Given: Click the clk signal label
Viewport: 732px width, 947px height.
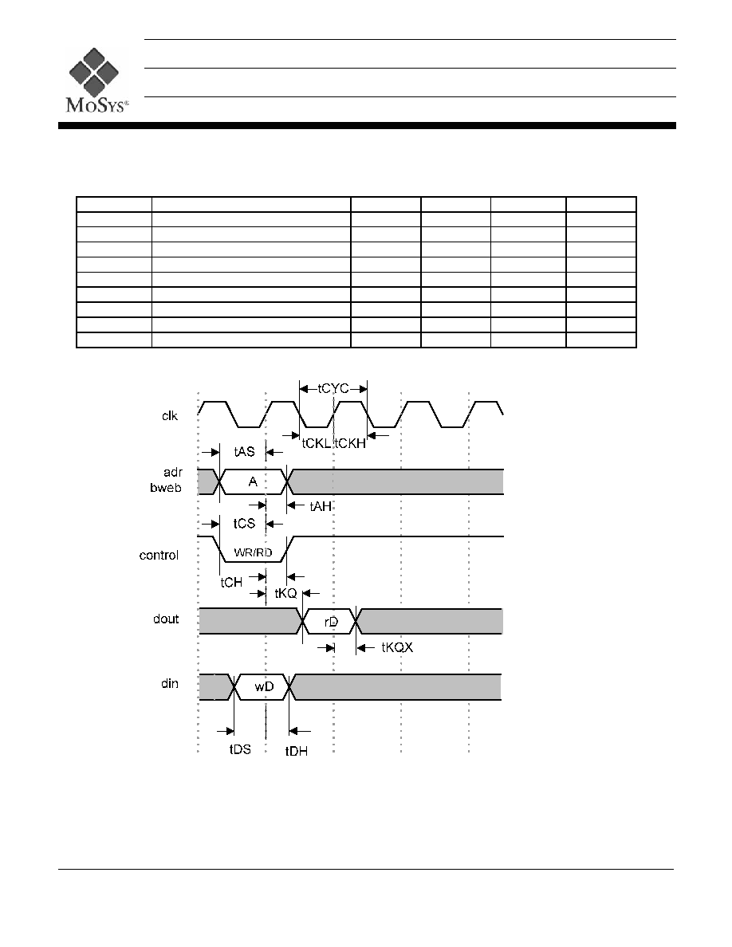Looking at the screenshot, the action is coord(170,415).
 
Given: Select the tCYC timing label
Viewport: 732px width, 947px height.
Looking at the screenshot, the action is coord(333,388).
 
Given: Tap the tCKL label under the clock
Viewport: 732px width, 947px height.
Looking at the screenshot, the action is coord(316,443).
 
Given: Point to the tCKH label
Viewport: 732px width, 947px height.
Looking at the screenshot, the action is coord(350,443).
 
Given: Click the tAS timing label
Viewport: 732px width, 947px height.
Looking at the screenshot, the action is coord(245,452).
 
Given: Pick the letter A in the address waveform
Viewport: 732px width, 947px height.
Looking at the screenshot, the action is coord(253,481).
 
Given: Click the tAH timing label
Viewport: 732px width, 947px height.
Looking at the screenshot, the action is coord(321,506).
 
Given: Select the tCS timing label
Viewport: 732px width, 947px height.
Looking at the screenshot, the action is coord(245,523).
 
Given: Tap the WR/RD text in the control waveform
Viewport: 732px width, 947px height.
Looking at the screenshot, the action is coord(253,552).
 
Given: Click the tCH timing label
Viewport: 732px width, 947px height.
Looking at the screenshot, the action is coord(231,582).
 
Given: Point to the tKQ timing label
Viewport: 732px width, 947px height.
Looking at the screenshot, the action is coord(285,593).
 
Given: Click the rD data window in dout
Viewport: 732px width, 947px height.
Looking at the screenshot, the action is coord(330,622).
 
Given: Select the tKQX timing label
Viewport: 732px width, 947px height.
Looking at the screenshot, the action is coord(397,647).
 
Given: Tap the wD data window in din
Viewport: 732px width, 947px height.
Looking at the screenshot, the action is coord(262,686).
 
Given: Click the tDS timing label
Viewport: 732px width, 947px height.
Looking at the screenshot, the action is coord(240,749).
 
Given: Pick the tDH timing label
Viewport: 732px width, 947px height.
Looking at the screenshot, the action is coord(297,751).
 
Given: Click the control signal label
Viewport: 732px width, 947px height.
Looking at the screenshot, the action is coord(159,555).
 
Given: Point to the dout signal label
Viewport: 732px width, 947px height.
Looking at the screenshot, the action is coord(166,619).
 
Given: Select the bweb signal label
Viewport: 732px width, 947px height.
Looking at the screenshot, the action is coord(166,487).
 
